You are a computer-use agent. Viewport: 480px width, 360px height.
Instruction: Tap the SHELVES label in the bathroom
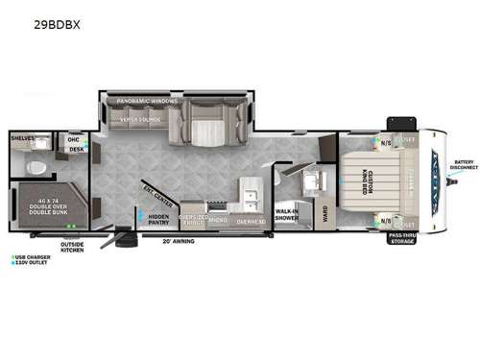click(23, 138)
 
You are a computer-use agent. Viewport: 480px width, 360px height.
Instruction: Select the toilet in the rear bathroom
click(37, 167)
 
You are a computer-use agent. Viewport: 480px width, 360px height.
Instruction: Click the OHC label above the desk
click(74, 139)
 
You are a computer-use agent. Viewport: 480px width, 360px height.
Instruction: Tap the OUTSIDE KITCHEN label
click(72, 248)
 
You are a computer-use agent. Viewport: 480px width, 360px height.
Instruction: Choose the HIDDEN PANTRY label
click(158, 220)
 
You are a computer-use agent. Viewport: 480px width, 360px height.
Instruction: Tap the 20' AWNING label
click(179, 241)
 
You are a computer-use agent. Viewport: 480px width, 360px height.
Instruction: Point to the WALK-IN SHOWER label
click(287, 215)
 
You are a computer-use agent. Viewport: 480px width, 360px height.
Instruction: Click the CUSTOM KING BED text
click(366, 181)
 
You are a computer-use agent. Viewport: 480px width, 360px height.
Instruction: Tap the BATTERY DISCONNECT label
click(465, 164)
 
